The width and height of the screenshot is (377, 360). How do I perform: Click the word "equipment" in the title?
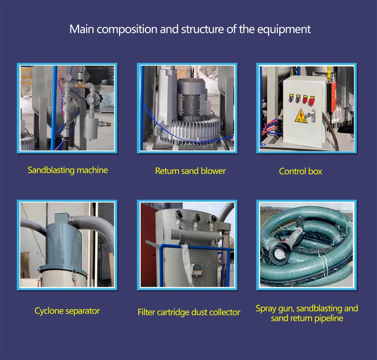click(284, 30)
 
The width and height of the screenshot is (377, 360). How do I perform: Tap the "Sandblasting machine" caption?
click(68, 170)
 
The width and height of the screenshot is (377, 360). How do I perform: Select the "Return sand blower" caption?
click(191, 171)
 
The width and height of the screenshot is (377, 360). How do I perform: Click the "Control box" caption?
click(300, 171)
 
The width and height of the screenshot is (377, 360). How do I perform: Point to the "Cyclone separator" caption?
click(67, 311)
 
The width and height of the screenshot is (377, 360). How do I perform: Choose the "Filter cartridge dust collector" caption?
click(189, 312)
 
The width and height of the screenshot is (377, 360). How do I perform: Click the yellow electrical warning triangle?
click(301, 116)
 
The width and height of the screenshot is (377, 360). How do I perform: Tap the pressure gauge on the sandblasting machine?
click(68, 78)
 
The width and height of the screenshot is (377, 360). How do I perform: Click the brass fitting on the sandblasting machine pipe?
click(81, 85)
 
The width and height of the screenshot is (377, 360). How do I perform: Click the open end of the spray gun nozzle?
click(279, 254)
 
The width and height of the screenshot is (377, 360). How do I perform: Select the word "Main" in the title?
click(82, 29)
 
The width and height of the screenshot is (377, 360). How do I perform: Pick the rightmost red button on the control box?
click(311, 101)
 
